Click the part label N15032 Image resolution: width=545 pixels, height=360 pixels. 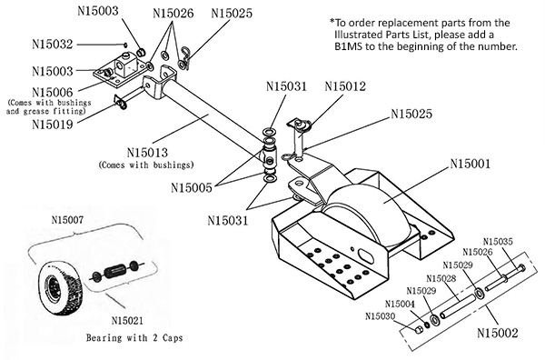point(53,45)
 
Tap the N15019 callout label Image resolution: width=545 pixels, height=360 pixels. point(53,125)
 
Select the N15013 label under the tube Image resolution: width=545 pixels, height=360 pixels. point(147,153)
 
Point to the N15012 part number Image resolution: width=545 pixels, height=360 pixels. point(345,86)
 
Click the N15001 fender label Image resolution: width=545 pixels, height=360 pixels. point(471,164)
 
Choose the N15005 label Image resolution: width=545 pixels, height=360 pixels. point(192,188)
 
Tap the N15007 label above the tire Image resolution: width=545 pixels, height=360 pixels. point(67,220)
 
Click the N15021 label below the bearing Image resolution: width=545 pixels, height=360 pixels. point(127,320)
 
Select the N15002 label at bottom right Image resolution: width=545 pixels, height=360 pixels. point(498,333)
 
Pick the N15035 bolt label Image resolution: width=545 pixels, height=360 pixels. point(498,242)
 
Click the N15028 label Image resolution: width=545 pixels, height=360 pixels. point(441,278)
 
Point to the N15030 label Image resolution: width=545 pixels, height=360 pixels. point(381,316)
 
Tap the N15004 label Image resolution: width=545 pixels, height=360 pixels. point(400,304)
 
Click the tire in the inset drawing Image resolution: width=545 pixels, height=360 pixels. point(60,289)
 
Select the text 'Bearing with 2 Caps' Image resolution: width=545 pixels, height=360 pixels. point(134,337)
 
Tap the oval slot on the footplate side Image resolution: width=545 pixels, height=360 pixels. point(366,255)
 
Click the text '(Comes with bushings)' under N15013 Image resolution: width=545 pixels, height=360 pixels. point(146,165)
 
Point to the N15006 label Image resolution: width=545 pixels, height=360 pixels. point(53,93)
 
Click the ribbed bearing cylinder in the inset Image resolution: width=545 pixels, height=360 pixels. point(114,271)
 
